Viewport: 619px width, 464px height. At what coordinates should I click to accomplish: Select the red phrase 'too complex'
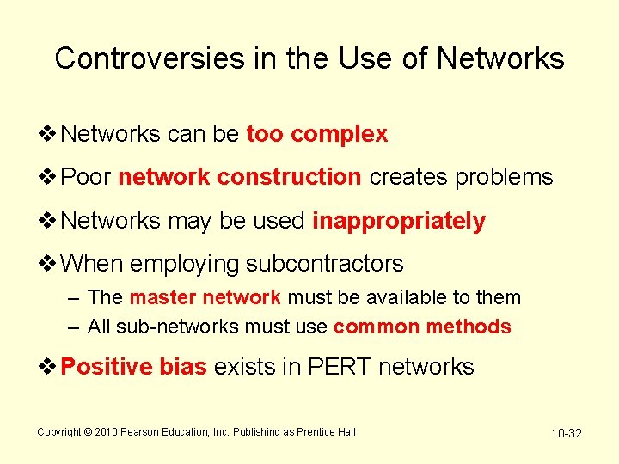pos(316,135)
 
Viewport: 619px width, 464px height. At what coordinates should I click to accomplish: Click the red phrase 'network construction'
pos(239,178)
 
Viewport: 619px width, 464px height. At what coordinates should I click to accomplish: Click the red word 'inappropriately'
pos(398,221)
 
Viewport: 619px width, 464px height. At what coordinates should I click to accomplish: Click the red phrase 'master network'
pos(205,298)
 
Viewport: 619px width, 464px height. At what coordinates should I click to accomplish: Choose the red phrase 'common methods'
pos(421,327)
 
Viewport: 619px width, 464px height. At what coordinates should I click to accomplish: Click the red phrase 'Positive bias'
pos(134,368)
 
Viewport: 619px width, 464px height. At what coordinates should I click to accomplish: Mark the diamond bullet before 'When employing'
pos(49,264)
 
